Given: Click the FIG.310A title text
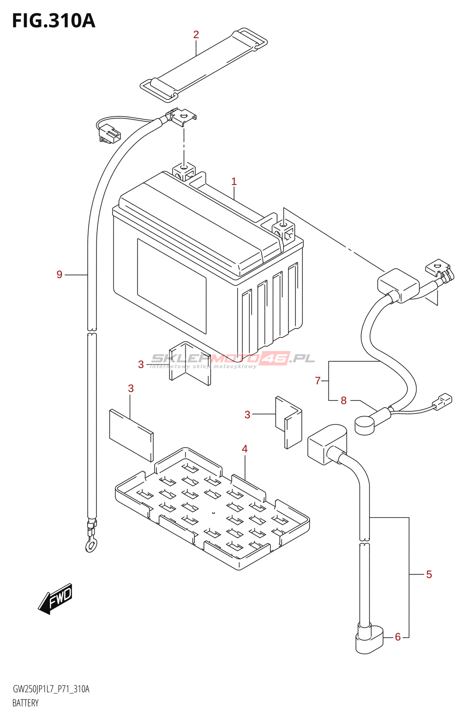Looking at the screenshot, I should point(54,21).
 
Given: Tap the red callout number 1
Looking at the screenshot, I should point(234,181).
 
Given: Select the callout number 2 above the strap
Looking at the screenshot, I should point(196,34).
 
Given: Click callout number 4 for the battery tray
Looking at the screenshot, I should point(245,449).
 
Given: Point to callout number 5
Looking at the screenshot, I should point(429,574).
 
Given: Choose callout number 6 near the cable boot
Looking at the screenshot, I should point(398,637).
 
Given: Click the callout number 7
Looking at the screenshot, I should point(318,381).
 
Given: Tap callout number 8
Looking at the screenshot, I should point(344,400).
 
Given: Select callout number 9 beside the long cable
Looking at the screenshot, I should point(59,274).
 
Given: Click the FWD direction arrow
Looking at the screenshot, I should point(56,598).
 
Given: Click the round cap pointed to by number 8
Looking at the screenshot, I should point(364,425).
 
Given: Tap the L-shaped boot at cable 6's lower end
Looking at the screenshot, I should point(369,639).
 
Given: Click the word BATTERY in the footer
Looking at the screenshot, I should point(26,703).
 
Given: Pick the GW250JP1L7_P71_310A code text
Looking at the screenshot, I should point(51,689).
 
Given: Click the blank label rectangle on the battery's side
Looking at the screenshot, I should point(171,286).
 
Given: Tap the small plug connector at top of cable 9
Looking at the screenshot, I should point(109,135).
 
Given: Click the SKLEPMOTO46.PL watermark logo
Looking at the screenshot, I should point(233,359).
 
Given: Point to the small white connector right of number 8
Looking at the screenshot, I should point(443,400).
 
